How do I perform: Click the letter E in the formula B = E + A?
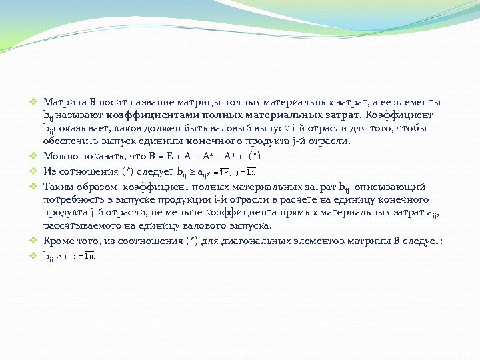click(x=171, y=157)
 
